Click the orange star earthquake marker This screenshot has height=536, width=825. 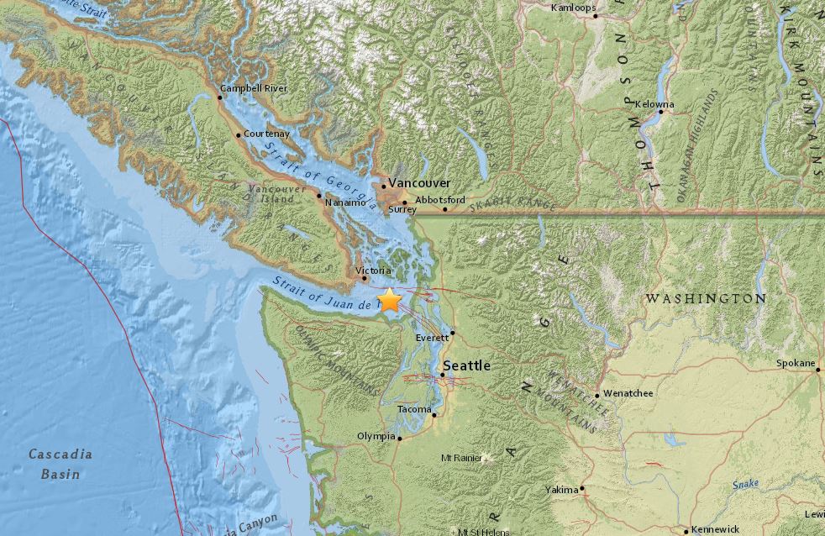coord(390,300)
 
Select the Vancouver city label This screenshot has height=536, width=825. coord(418,183)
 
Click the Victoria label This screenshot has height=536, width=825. coord(373,271)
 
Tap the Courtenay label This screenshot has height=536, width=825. coord(267,134)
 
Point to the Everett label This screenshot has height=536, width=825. coord(433,338)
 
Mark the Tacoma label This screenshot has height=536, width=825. coord(414,409)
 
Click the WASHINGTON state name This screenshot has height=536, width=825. coord(705,298)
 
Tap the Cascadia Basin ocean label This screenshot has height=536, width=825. coord(60,464)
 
